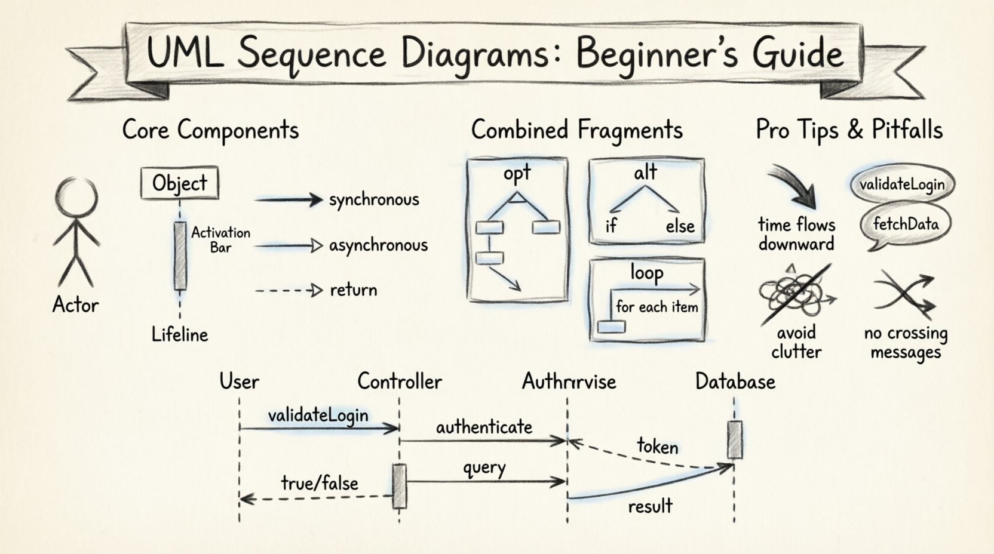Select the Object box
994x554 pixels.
pos(179,183)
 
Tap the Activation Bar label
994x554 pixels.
pos(220,239)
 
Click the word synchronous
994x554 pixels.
pos(374,199)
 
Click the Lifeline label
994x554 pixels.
pos(179,334)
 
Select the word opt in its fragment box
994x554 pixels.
pos(517,174)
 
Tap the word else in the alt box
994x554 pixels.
pos(680,226)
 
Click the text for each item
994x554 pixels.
pos(656,307)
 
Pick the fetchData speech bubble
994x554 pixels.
pos(905,225)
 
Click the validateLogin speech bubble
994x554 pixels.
pos(901,184)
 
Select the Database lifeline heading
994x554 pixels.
pos(735,381)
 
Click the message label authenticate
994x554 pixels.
pos(484,427)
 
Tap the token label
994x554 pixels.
pos(657,446)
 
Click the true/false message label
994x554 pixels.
pos(320,483)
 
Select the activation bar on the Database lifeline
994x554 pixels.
pos(735,439)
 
